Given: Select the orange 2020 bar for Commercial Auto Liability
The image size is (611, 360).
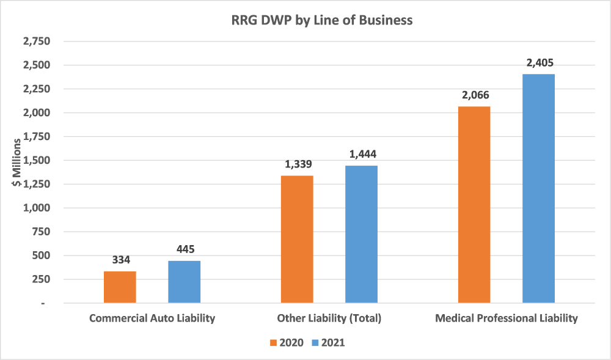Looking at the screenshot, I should [x=120, y=287].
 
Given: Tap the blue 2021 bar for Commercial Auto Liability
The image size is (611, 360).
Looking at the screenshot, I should [x=184, y=282].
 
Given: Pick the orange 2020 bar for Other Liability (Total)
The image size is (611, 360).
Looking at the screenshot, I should [x=297, y=239].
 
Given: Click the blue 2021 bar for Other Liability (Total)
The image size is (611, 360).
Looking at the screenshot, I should [x=361, y=234].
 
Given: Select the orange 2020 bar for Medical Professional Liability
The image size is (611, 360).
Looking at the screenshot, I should [x=474, y=205].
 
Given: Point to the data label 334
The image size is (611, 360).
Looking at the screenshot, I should [x=120, y=260].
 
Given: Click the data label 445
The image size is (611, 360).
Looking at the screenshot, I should [x=184, y=249].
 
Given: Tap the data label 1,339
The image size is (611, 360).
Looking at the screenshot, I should [x=297, y=164].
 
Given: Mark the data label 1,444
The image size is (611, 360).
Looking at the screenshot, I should [x=361, y=155].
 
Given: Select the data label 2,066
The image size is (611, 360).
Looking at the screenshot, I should [x=474, y=95].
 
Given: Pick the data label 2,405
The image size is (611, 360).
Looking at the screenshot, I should [x=538, y=63].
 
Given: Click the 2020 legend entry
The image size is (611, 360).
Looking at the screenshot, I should [x=285, y=343].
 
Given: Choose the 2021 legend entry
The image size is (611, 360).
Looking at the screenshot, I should [x=328, y=343].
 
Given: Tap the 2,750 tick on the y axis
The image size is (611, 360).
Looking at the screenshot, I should [x=36, y=42].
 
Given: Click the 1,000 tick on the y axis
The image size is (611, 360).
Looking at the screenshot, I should [x=36, y=208].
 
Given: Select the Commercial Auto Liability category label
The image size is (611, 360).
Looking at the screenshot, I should [x=152, y=318].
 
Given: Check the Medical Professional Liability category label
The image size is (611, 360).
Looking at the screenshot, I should [x=506, y=318].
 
